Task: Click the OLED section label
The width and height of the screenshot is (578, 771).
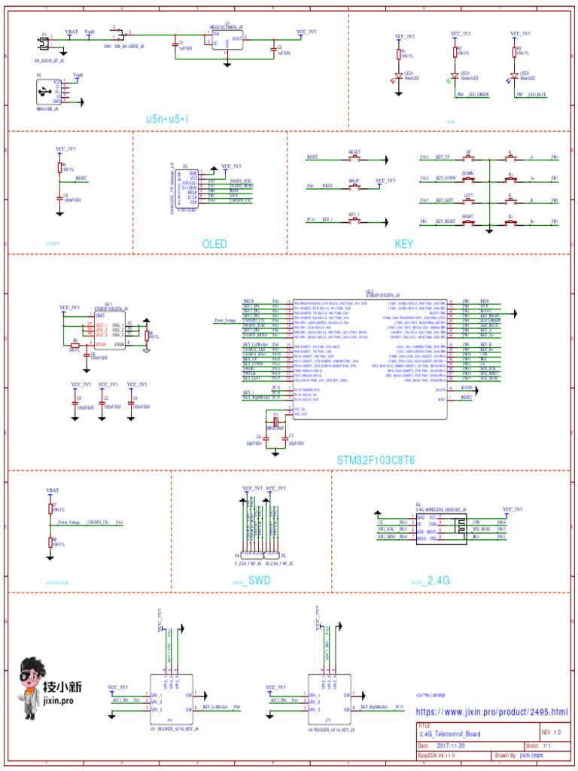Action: click(214, 244)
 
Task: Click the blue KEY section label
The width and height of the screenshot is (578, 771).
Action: click(404, 244)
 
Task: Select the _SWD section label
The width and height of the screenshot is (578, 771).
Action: click(257, 581)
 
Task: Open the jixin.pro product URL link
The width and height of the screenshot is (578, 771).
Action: click(491, 712)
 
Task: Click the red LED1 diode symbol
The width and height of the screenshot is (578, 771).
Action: click(399, 78)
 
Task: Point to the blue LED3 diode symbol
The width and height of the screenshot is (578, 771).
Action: click(514, 78)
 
